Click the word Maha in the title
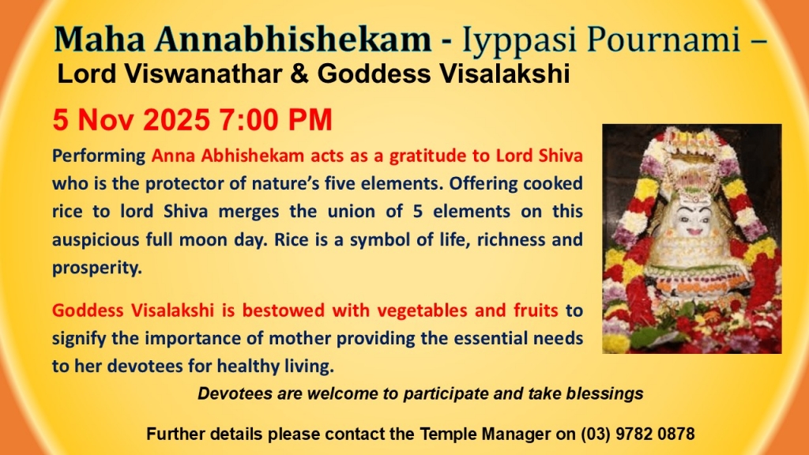point(99,39)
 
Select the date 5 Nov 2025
point(131,120)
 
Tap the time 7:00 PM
point(276,120)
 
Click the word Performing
point(99,156)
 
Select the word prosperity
point(97,269)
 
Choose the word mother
point(299,338)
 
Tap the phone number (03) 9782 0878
point(638,434)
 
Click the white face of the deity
point(694,217)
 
